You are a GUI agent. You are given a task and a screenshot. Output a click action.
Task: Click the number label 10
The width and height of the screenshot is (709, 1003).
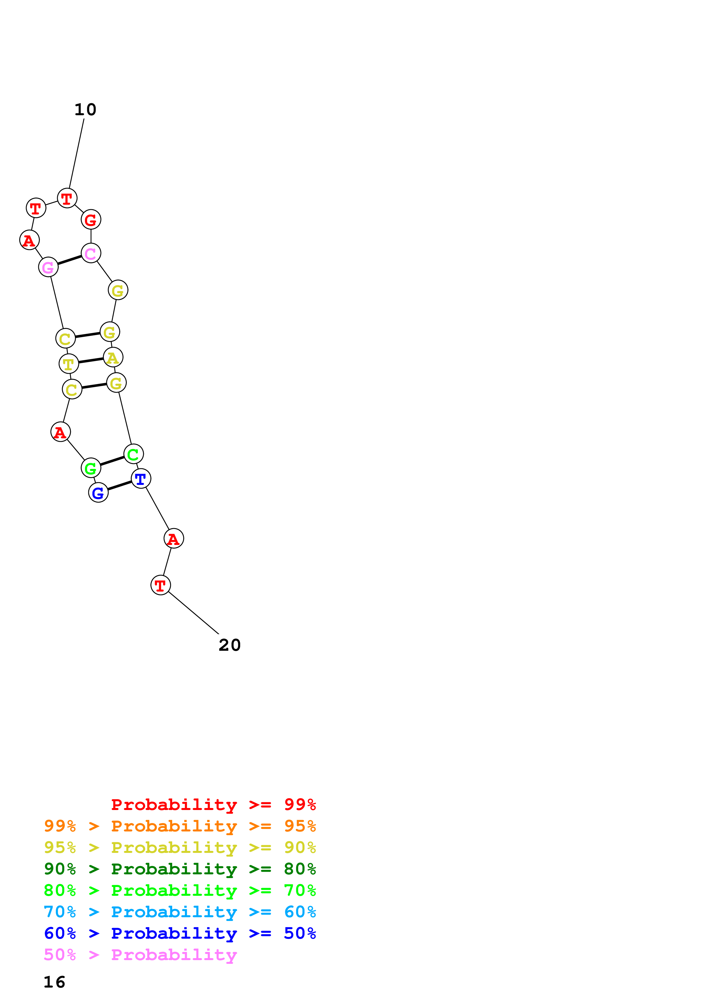tap(85, 110)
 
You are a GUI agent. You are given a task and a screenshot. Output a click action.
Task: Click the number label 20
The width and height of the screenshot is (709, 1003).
tap(229, 645)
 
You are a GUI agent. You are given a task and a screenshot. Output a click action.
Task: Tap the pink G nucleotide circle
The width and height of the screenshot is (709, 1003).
tap(48, 267)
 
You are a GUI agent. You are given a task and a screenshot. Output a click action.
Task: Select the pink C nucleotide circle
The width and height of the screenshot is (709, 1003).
tap(91, 253)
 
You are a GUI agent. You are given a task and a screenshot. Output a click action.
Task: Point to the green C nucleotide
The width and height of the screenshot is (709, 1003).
tap(133, 454)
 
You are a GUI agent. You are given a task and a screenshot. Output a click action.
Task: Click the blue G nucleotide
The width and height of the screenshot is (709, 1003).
tap(98, 493)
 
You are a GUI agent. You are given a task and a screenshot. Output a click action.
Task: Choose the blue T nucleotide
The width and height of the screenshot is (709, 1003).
tap(141, 479)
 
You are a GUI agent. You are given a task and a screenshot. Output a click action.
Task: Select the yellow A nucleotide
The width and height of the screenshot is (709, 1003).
tap(113, 357)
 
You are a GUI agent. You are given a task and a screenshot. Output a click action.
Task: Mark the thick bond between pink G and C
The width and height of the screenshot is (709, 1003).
tap(69, 260)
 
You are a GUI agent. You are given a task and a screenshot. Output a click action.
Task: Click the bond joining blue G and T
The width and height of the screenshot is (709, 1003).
tap(119, 486)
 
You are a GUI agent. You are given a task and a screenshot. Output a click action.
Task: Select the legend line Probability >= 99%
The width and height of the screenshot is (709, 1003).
tap(213, 805)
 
